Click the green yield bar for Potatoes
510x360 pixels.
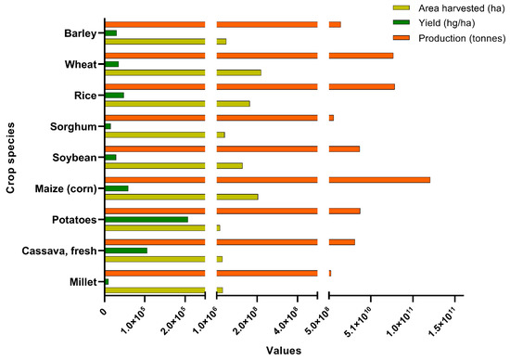[x=147, y=219]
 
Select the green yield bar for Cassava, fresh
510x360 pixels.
[x=126, y=251]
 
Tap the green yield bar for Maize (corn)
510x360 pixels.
[x=117, y=188]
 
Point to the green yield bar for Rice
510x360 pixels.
[x=114, y=95]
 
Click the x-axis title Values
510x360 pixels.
[x=283, y=351]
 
